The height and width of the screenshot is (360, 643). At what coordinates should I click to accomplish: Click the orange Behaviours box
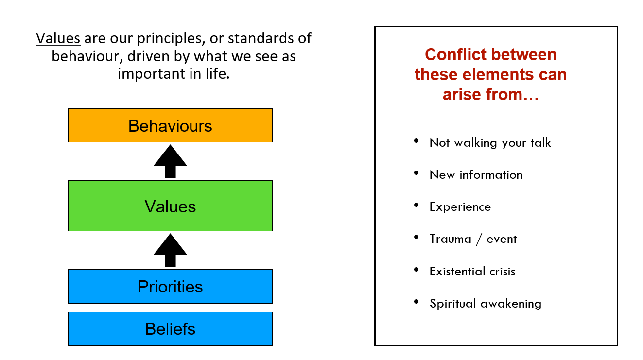point(170,125)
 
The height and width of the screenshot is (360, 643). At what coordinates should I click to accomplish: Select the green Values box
point(170,206)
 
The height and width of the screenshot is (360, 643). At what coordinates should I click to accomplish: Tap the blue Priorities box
point(170,286)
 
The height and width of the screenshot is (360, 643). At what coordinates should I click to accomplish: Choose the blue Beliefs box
point(170,329)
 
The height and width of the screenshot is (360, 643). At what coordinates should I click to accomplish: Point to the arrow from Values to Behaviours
point(170,161)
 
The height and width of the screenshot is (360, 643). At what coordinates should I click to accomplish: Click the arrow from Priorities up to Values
point(170,250)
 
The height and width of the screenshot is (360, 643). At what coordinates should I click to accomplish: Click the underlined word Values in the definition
point(58,38)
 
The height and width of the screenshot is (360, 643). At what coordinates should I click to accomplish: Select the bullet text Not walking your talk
point(490,143)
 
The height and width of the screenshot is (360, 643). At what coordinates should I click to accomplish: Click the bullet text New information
point(476,175)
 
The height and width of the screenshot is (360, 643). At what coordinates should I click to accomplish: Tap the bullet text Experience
point(460,207)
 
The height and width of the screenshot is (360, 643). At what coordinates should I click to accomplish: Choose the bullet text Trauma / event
point(473,239)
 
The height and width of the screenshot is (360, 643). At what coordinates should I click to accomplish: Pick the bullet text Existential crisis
point(472,271)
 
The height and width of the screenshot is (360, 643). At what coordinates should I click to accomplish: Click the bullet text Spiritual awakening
point(485,304)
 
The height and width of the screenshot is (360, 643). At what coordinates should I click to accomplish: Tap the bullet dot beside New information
point(417,173)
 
